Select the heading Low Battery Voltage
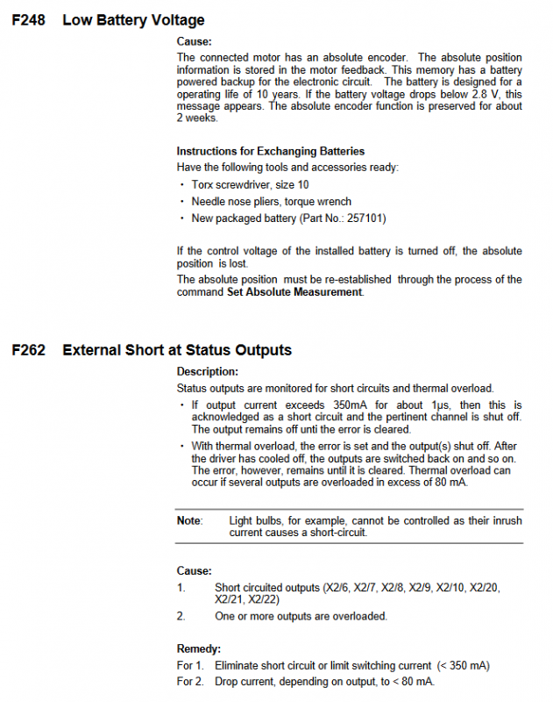coord(133,19)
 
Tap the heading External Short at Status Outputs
coord(177,350)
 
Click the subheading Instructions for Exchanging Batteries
coord(270,151)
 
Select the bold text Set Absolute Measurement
coord(294,292)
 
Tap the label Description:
coord(208,372)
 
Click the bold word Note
coord(188,520)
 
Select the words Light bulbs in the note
coord(255,520)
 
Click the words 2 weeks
coord(197,118)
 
